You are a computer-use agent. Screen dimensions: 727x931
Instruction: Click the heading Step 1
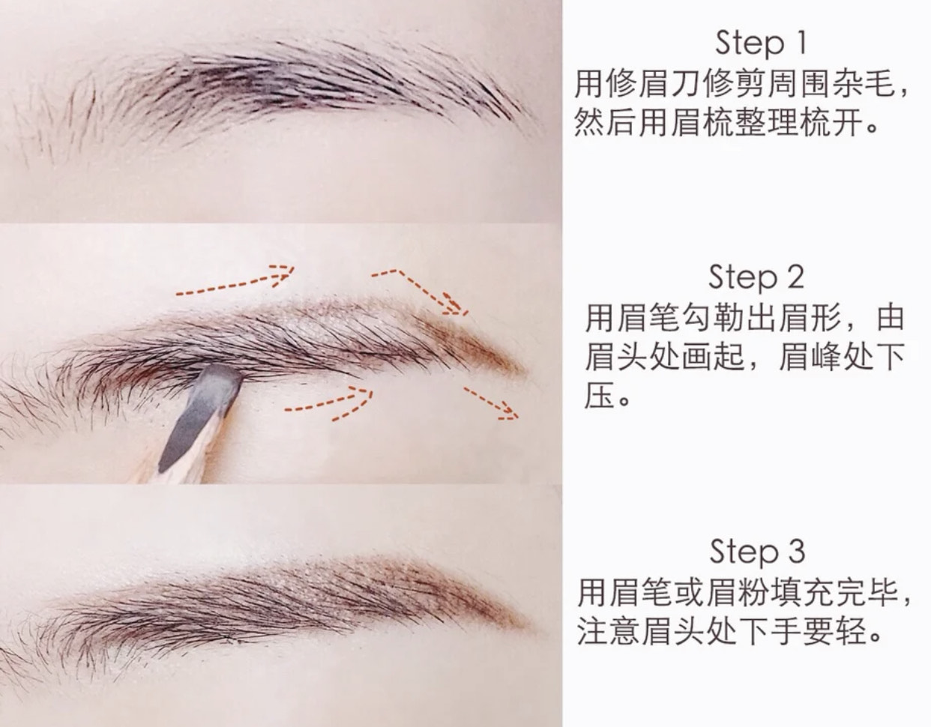click(x=760, y=43)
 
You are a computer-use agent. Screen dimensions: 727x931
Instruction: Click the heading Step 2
click(x=756, y=277)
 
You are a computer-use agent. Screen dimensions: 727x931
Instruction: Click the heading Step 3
click(x=756, y=552)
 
